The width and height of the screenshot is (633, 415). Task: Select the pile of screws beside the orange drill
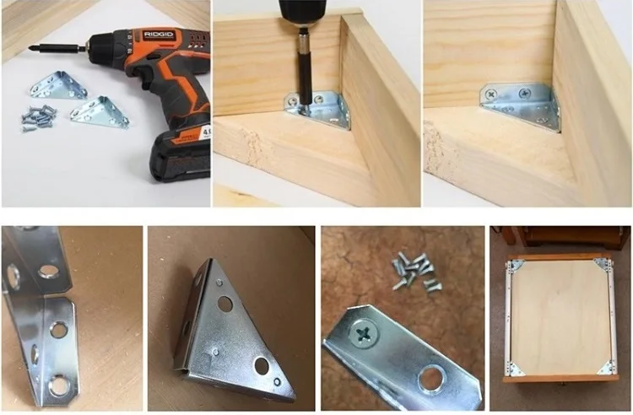point(39,116)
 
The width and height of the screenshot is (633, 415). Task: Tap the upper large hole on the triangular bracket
point(226,303)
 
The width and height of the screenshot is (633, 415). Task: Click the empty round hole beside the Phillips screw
point(432,377)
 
